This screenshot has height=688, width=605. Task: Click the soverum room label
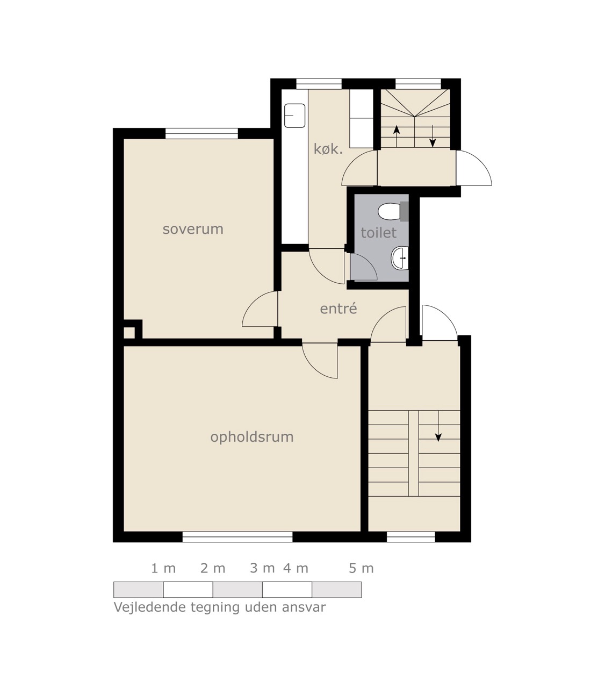coord(193,229)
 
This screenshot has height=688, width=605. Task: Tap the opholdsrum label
coord(252,437)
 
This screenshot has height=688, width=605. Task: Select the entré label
coord(338,309)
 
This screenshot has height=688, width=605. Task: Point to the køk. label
coord(328,149)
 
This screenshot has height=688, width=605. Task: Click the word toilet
coord(379,233)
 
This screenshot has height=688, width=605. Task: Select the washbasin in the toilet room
coord(400,258)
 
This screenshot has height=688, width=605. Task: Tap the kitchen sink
coord(294,116)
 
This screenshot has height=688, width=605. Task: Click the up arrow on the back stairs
coord(397,136)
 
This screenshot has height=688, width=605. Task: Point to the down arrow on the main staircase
coord(438,426)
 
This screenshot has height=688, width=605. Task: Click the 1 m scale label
coord(163,568)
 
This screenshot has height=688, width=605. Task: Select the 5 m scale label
coord(361,568)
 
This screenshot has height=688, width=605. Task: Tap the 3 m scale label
coord(262,568)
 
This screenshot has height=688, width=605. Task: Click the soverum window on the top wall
coord(201,133)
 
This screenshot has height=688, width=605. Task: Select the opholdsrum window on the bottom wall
coord(237,536)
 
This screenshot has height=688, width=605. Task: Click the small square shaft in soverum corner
coord(129,333)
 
